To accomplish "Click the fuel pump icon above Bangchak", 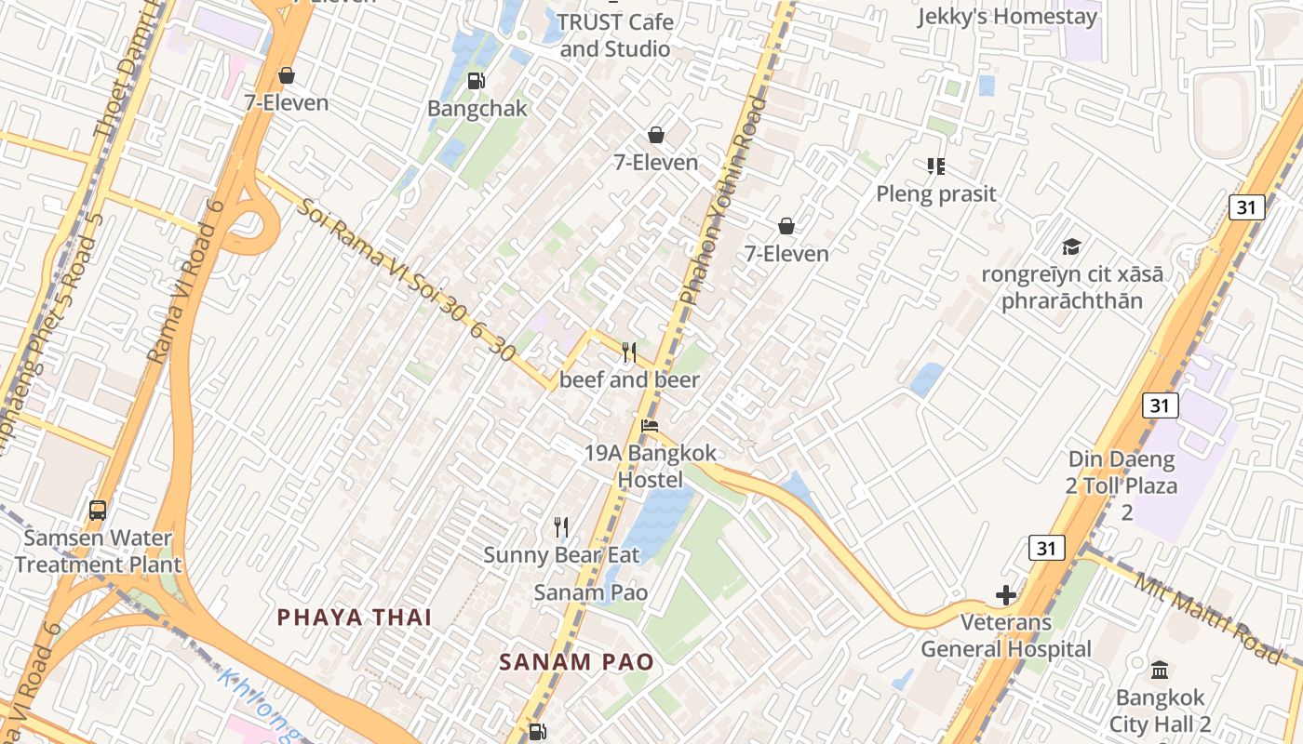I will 476,81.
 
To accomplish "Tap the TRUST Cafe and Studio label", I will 614,34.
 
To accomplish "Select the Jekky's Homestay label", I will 1007,17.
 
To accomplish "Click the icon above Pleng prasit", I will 936,166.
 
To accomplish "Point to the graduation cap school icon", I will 1072,246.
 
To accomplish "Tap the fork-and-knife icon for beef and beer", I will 629,352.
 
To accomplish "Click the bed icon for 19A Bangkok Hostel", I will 650,426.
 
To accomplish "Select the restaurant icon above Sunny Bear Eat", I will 561,527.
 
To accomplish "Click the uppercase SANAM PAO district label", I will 576,662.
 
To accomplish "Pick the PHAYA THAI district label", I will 355,617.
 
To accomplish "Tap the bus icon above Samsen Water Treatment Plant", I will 98,510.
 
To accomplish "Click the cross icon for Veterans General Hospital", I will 1005,594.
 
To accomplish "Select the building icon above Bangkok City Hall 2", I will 1160,670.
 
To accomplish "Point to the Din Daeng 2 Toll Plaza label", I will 1122,485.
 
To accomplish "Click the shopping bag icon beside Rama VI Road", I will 287,75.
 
